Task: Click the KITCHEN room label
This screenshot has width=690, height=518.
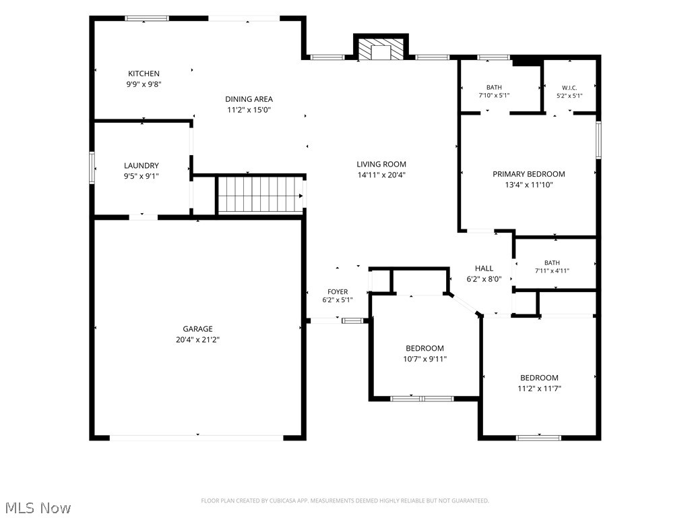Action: (x=144, y=74)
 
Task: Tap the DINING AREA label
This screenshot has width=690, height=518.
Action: (x=249, y=99)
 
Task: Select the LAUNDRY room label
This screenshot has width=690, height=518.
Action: (x=142, y=166)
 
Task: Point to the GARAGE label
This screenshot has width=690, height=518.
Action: (x=197, y=329)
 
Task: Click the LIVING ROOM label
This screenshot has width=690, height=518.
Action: (x=381, y=165)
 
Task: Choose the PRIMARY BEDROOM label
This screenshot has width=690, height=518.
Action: (x=528, y=174)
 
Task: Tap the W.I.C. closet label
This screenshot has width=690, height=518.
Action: (x=569, y=88)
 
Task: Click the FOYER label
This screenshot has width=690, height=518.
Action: (x=338, y=291)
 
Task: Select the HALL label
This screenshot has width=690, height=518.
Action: (x=484, y=268)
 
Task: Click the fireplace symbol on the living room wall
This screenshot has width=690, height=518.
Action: (x=381, y=48)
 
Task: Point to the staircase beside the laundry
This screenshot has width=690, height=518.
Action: (x=261, y=195)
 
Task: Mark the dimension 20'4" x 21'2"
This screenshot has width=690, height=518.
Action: (x=197, y=340)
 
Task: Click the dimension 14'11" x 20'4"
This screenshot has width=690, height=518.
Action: (x=381, y=175)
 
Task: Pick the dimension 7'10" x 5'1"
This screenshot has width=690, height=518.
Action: (x=494, y=95)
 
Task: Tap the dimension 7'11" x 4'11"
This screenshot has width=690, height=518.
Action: (x=552, y=271)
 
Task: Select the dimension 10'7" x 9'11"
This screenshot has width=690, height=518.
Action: (x=425, y=359)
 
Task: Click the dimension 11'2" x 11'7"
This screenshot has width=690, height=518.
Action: (x=539, y=388)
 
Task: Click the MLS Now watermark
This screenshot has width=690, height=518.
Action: (x=38, y=508)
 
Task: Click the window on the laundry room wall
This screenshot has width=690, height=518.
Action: (x=92, y=167)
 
